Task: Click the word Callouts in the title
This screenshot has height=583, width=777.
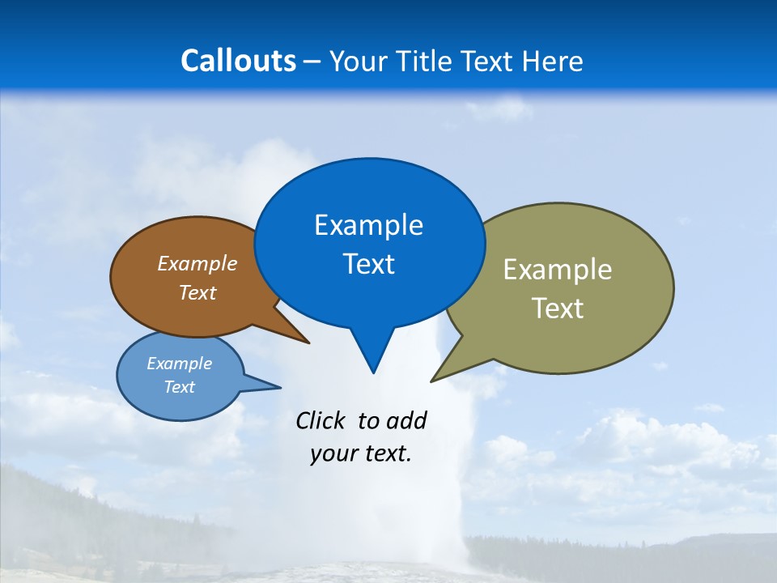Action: [238, 61]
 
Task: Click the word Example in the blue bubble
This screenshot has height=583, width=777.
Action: [368, 225]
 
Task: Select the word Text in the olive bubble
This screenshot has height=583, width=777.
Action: [557, 309]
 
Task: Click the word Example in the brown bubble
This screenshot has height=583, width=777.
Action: [197, 264]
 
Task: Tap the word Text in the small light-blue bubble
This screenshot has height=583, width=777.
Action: [179, 387]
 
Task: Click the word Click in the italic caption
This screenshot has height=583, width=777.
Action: [321, 420]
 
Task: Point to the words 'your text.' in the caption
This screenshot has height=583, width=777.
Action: [361, 454]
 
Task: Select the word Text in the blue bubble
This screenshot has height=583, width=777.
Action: [368, 264]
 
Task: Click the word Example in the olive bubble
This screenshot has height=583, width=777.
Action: [557, 270]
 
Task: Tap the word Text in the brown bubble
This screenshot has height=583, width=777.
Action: [197, 292]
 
